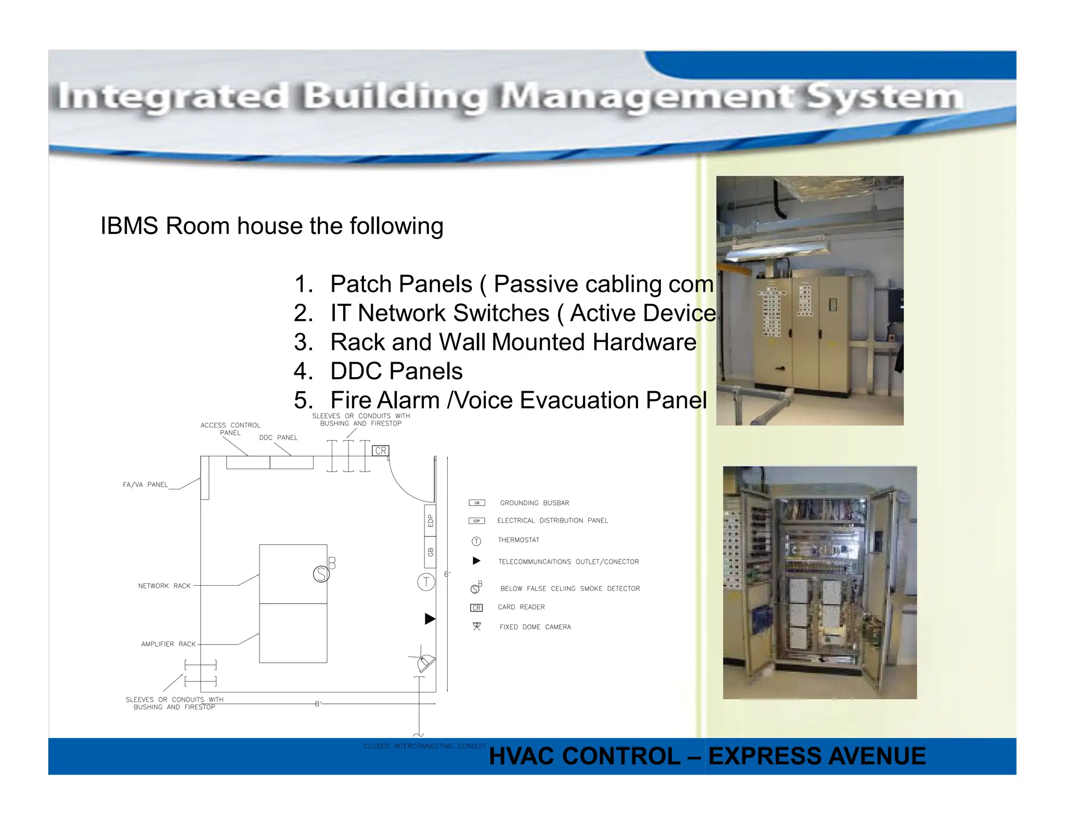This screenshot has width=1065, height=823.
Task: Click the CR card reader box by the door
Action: (381, 451)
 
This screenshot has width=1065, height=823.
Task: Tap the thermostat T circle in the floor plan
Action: (426, 582)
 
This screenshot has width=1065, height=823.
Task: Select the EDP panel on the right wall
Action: (430, 520)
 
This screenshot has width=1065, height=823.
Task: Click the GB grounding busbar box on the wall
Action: (430, 552)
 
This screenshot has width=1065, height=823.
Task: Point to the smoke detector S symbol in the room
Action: (321, 574)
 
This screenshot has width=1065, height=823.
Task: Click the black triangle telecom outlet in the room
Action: (430, 619)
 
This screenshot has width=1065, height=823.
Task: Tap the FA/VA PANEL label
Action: (145, 485)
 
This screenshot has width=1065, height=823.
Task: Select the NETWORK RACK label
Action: (164, 586)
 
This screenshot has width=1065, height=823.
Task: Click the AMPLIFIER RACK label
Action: (168, 644)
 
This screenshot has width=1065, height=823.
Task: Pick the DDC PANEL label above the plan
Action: (278, 438)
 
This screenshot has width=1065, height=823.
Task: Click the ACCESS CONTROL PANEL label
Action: (230, 429)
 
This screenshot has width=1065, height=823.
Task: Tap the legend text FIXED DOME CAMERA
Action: (535, 627)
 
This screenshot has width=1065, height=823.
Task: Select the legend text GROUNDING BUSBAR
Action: (534, 503)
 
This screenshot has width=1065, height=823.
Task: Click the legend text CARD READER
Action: (521, 607)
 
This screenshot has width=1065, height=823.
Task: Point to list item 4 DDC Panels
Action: (396, 371)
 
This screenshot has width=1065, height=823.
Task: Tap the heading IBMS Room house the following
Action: (271, 226)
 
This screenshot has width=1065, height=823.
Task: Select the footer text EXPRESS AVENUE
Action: (816, 756)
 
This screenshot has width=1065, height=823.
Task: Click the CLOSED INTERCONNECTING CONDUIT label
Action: (424, 746)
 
